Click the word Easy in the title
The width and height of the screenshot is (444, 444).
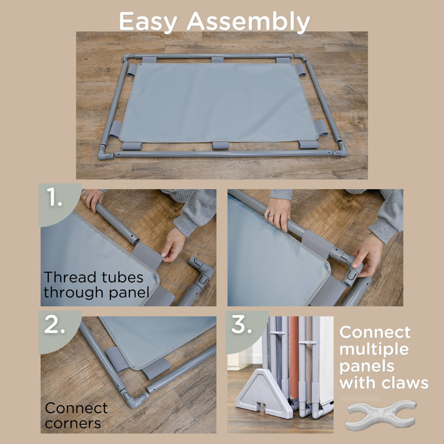pyautogui.click(x=148, y=22)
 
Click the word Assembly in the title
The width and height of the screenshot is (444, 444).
pyautogui.click(x=248, y=22)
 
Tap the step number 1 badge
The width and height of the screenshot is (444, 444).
pyautogui.click(x=59, y=204)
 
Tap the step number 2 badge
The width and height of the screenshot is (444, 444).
pyautogui.click(x=59, y=331)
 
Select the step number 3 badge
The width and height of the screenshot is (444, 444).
pyautogui.click(x=246, y=331)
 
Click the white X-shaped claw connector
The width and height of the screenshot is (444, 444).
pyautogui.click(x=381, y=415)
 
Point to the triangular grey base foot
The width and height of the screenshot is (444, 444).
pyautogui.click(x=263, y=393)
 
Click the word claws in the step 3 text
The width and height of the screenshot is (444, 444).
pyautogui.click(x=405, y=383)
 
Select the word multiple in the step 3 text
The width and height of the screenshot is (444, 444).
pyautogui.click(x=374, y=350)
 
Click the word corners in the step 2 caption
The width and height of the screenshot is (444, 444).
pyautogui.click(x=73, y=423)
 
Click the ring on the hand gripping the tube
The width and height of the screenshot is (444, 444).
pyautogui.click(x=271, y=215)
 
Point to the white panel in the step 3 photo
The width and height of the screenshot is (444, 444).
pyautogui.click(x=326, y=357)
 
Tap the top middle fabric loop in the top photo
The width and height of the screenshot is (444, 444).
pyautogui.click(x=217, y=60)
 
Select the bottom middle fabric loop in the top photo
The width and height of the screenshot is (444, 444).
pyautogui.click(x=220, y=145)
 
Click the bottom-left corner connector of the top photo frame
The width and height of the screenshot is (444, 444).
pyautogui.click(x=104, y=153)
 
